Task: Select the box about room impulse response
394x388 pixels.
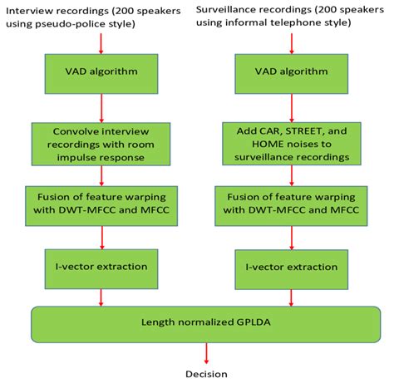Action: pyautogui.click(x=101, y=142)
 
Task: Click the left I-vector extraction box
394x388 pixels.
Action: pyautogui.click(x=101, y=267)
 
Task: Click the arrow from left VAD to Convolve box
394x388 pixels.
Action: pyautogui.click(x=101, y=108)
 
